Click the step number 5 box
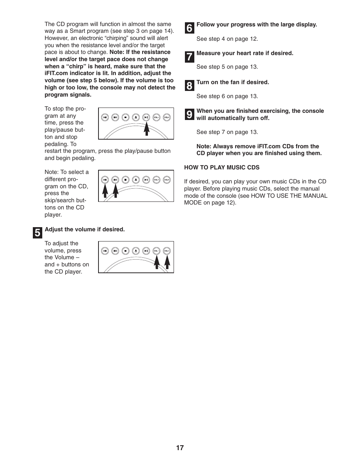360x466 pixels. (37, 233)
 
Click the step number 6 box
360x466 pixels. (189, 28)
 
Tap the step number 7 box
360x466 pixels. (189, 57)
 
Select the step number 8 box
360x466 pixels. (189, 86)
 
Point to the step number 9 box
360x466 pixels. (189, 114)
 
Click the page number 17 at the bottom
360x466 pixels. (180, 448)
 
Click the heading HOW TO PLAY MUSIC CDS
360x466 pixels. (222, 168)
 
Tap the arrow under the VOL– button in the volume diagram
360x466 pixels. (157, 261)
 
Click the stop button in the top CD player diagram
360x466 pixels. (126, 117)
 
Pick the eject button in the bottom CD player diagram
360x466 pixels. (136, 251)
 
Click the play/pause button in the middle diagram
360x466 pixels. (146, 180)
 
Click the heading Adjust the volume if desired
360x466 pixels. (85, 229)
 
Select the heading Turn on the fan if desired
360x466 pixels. (232, 82)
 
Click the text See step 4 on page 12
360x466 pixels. (227, 39)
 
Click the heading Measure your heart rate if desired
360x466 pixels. (245, 53)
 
